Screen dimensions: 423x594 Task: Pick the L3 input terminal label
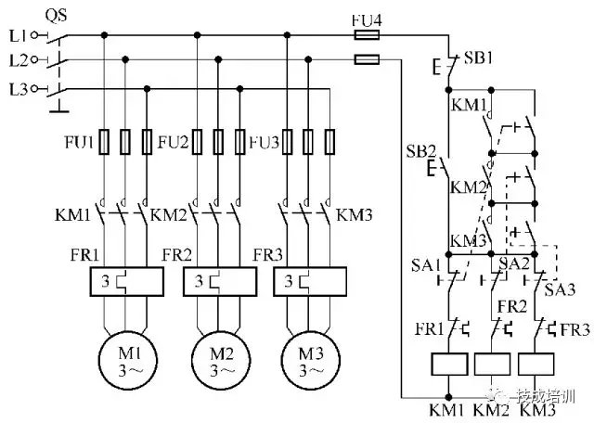point(16,89)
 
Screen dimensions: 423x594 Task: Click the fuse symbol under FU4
point(367,34)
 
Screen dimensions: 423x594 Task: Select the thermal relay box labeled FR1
point(127,281)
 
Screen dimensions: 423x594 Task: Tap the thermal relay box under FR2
point(219,281)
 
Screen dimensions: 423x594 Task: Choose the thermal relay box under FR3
point(309,281)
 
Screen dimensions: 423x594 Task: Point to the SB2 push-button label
point(420,151)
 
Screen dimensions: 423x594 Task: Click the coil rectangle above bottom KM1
point(448,365)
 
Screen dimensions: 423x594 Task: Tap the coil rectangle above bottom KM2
point(492,365)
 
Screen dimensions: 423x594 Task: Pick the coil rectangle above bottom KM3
point(536,365)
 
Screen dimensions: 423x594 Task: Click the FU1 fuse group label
point(79,143)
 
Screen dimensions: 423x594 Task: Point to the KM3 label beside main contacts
point(354,215)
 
